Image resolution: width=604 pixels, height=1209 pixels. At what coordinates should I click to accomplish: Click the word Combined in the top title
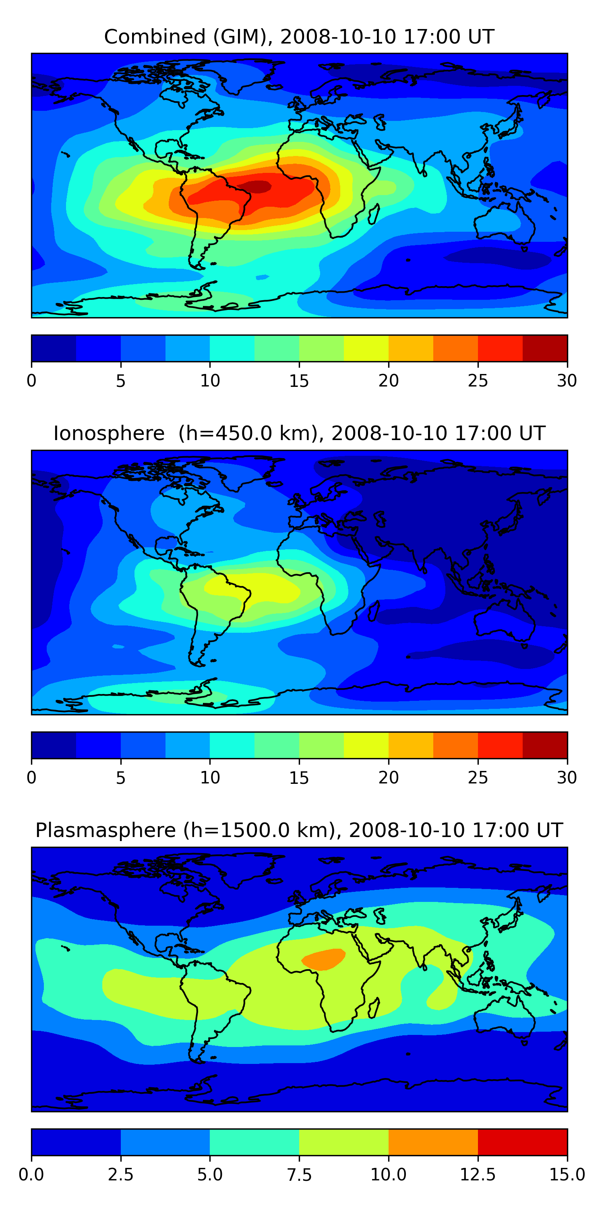[x=155, y=37]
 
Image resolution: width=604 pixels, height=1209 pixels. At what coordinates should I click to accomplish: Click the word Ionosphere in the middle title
[x=109, y=433]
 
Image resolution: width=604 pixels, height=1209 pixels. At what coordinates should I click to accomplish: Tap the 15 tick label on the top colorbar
[x=299, y=380]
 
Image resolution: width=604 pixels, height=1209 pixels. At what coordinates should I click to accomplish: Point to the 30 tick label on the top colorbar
[x=567, y=380]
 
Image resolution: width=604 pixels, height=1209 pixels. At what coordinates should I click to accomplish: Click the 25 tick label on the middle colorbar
[x=478, y=777]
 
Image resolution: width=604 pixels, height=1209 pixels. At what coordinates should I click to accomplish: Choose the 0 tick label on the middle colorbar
[x=31, y=777]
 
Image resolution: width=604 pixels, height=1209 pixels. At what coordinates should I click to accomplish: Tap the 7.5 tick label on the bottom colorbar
[x=299, y=1174]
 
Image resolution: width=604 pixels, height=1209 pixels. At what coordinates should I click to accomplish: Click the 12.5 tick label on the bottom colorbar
[x=478, y=1174]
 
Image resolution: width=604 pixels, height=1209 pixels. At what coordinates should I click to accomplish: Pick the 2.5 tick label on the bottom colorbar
[x=120, y=1174]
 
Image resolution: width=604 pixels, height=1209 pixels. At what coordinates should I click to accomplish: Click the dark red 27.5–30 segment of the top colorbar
[x=544, y=348]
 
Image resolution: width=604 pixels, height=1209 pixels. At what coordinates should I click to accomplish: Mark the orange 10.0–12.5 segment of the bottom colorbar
[x=433, y=1142]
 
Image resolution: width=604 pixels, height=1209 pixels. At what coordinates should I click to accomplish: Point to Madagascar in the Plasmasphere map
[x=374, y=1007]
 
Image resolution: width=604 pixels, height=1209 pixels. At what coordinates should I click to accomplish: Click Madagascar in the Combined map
[x=374, y=214]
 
